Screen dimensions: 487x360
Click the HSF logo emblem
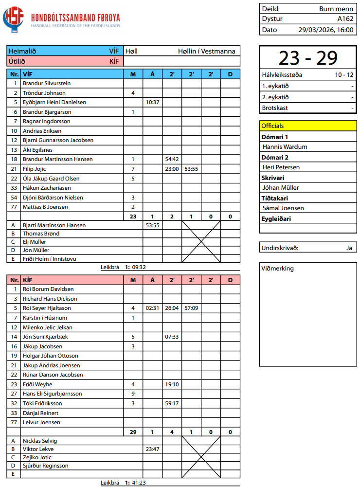tap(13, 18)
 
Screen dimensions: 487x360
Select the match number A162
tap(345, 19)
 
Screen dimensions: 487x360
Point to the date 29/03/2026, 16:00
tap(326, 30)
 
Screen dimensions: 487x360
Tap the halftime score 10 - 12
tap(344, 75)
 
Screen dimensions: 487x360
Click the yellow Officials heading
tap(272, 126)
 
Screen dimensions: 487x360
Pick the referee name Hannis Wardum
tap(285, 146)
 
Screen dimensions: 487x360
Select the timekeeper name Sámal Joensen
tap(283, 208)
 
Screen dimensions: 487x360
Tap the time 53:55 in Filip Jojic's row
tap(191, 169)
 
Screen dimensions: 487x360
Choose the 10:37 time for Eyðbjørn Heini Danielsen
tap(153, 102)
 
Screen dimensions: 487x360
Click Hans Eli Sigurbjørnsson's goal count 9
tap(133, 394)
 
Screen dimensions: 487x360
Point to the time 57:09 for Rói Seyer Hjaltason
tap(191, 308)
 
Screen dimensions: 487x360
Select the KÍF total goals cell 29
tap(133, 432)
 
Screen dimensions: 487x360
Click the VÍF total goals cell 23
tap(133, 216)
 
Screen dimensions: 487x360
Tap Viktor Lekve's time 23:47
tap(153, 449)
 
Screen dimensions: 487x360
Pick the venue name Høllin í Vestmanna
tap(206, 51)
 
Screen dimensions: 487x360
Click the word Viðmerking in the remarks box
tap(278, 268)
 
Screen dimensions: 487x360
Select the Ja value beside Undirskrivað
tap(348, 248)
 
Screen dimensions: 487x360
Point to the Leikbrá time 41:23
tap(139, 483)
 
